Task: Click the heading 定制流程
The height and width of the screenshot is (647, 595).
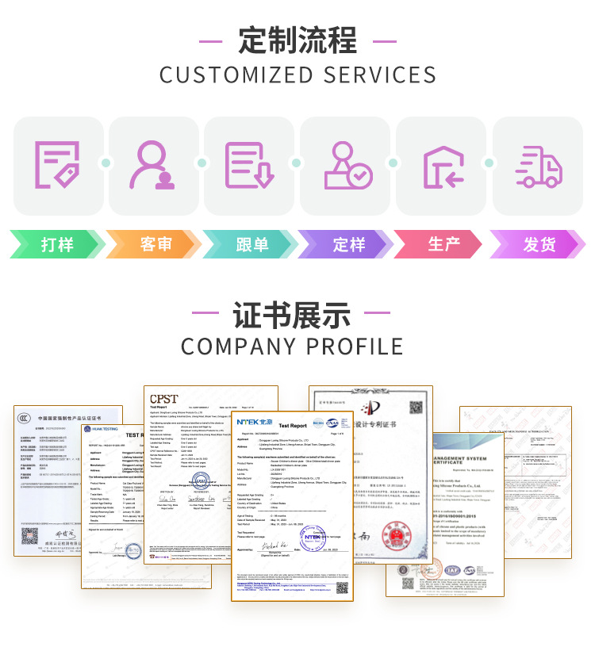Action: pyautogui.click(x=297, y=40)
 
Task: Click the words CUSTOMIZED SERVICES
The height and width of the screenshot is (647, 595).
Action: pyautogui.click(x=297, y=75)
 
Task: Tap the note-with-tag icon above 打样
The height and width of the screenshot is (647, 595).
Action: pyautogui.click(x=57, y=165)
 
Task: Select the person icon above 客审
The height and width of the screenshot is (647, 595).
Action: pyautogui.click(x=152, y=165)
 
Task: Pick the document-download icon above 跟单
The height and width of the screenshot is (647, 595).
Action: pyautogui.click(x=248, y=165)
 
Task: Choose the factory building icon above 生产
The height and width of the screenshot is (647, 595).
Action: pyautogui.click(x=442, y=165)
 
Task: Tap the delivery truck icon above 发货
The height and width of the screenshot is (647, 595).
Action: pyautogui.click(x=538, y=165)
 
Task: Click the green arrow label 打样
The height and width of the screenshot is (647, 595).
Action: pyautogui.click(x=57, y=244)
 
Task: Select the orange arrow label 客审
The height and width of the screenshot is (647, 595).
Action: pyautogui.click(x=155, y=244)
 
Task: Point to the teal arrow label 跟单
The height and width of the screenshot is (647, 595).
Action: pyautogui.click(x=251, y=244)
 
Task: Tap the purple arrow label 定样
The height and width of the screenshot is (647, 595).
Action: pyautogui.click(x=348, y=244)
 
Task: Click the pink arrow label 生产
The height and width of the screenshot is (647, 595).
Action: pyautogui.click(x=444, y=244)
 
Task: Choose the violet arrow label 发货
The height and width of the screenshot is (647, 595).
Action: pyautogui.click(x=539, y=244)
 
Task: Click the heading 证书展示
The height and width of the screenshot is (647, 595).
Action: pyautogui.click(x=291, y=315)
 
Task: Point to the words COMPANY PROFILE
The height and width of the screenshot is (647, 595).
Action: pyautogui.click(x=292, y=347)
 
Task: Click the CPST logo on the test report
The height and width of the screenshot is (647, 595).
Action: pyautogui.click(x=164, y=398)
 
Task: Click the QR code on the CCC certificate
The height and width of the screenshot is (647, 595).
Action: pyautogui.click(x=29, y=537)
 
